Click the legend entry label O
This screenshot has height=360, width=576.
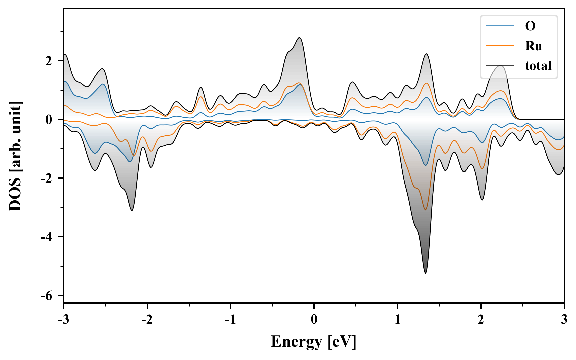pyautogui.click(x=530, y=26)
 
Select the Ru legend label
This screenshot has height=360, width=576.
pyautogui.click(x=534, y=46)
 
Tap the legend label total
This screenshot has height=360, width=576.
pyautogui.click(x=538, y=66)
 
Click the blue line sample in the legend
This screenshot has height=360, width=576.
pyautogui.click(x=500, y=26)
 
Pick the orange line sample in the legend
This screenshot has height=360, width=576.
pyautogui.click(x=500, y=46)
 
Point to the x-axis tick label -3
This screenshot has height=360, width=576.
pyautogui.click(x=64, y=319)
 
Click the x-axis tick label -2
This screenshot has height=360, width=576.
pyautogui.click(x=147, y=319)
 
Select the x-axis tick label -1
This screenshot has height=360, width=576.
pyautogui.click(x=230, y=319)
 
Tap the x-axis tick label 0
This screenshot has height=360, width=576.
pyautogui.click(x=314, y=319)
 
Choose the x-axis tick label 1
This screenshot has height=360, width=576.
pyautogui.click(x=397, y=319)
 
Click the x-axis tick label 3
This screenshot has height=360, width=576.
pyautogui.click(x=564, y=319)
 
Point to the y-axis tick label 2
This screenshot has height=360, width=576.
pyautogui.click(x=49, y=61)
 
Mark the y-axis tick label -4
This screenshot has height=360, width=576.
pyautogui.click(x=46, y=237)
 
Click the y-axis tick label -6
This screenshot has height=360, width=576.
pyautogui.click(x=46, y=296)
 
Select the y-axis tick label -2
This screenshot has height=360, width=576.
pyautogui.click(x=46, y=178)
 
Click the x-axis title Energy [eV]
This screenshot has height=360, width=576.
pyautogui.click(x=314, y=342)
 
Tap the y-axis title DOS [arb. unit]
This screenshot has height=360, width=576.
pyautogui.click(x=15, y=156)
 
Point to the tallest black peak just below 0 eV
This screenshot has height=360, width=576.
pyautogui.click(x=299, y=38)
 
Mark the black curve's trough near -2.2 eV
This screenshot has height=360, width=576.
pyautogui.click(x=132, y=210)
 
